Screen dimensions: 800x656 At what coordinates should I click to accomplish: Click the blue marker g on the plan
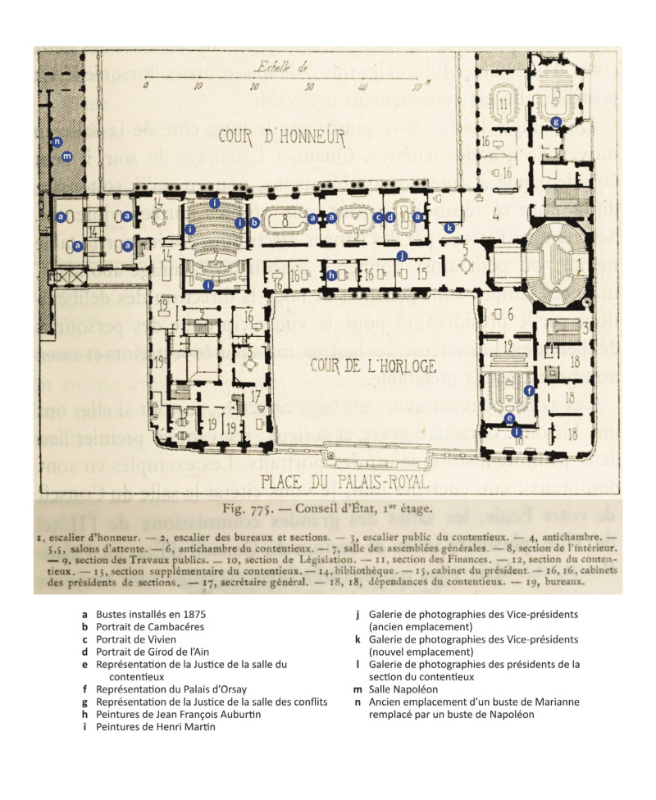click(x=556, y=123)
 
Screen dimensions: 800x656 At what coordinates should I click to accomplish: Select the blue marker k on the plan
click(x=449, y=227)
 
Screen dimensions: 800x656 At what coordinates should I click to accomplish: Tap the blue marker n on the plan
click(x=57, y=142)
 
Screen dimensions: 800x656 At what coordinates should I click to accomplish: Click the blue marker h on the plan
click(x=331, y=275)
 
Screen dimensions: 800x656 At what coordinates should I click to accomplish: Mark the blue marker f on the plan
click(x=530, y=391)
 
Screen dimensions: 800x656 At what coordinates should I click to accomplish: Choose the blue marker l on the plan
click(x=516, y=431)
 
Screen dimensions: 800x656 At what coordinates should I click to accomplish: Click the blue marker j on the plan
click(x=402, y=257)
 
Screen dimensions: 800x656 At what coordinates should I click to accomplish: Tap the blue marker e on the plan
click(x=509, y=417)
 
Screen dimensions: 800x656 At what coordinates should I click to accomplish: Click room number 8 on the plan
click(x=284, y=221)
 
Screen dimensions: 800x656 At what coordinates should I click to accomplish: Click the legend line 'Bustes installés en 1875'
click(x=150, y=613)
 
